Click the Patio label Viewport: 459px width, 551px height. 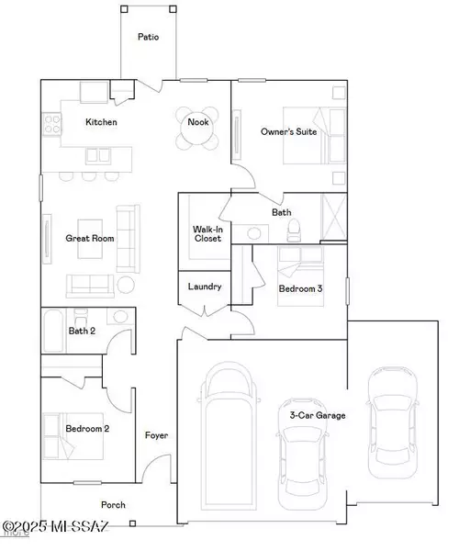[148, 38]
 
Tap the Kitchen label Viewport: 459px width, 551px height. [101, 122]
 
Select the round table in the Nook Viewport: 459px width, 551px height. [197, 134]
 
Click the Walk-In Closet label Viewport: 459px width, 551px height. [205, 234]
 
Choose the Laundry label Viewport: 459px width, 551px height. [204, 287]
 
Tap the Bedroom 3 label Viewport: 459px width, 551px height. [300, 289]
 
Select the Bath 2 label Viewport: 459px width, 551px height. [82, 331]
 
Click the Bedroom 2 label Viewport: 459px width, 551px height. [87, 428]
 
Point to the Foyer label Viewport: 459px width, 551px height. [156, 435]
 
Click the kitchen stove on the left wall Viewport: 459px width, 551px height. [51, 122]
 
